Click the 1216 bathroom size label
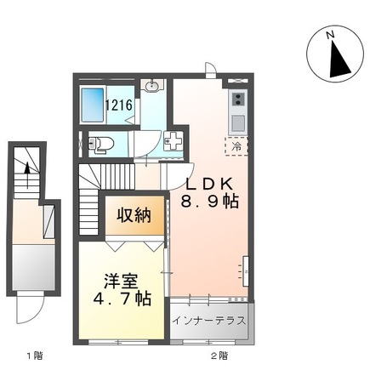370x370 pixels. tap(120, 105)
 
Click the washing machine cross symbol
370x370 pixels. tap(174, 141)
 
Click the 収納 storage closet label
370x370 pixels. tap(134, 215)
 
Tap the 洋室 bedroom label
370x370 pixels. tap(121, 282)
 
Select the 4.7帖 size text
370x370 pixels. tap(122, 299)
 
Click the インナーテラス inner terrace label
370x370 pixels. tap(209, 322)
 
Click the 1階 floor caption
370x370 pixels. tap(34, 355)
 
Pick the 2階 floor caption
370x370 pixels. tap(219, 355)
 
